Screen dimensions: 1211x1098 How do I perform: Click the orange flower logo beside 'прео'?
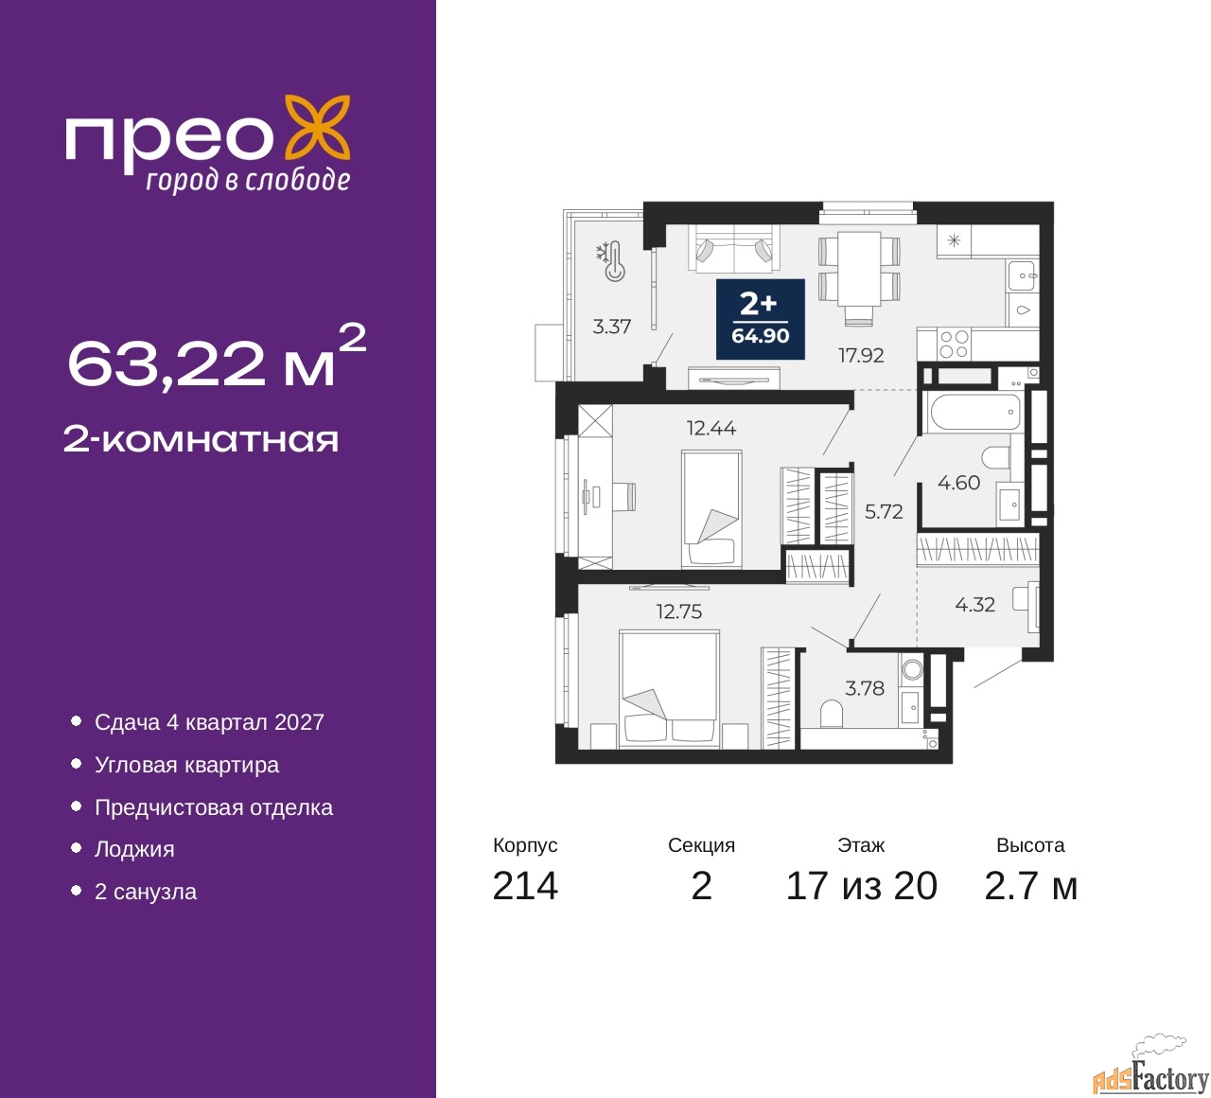tap(318, 132)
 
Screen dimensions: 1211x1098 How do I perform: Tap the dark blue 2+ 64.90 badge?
tap(760, 319)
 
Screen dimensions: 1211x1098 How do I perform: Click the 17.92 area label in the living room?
tap(860, 355)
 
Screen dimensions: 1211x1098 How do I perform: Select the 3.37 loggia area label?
tap(611, 327)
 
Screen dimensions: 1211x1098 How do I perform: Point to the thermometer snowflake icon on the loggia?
tap(610, 261)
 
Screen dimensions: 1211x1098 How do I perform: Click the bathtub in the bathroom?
tap(975, 413)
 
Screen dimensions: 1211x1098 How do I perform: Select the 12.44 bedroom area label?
tap(711, 428)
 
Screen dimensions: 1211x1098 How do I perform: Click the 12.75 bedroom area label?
tap(679, 611)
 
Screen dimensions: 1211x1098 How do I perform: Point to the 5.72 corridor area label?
tap(884, 512)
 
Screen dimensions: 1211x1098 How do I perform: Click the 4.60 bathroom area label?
tap(958, 483)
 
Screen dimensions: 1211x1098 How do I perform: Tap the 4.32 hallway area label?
tap(975, 605)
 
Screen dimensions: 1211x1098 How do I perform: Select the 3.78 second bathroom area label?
tap(865, 688)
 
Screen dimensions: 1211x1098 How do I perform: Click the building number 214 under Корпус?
tap(525, 886)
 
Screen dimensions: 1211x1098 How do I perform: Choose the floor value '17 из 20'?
tap(862, 886)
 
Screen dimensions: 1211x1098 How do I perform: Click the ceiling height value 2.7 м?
tap(1030, 886)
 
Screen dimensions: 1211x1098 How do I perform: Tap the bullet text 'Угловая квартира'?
tap(186, 765)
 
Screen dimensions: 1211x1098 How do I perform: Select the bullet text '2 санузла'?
tap(146, 892)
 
